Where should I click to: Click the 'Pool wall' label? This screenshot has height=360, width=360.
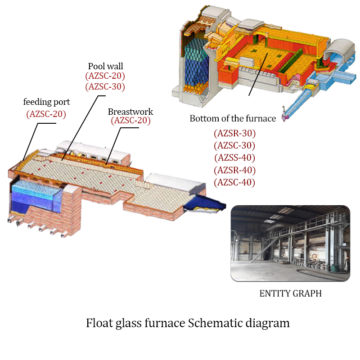[105, 67]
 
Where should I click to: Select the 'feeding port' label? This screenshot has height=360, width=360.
[46, 102]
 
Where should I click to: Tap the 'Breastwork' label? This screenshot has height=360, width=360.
[130, 112]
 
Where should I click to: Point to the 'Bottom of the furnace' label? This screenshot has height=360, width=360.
[233, 119]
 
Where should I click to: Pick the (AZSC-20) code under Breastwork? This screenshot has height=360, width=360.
[130, 120]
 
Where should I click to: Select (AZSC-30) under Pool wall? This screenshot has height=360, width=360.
[105, 86]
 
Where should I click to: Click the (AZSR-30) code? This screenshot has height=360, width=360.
[234, 133]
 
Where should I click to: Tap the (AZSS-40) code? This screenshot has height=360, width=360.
[234, 157]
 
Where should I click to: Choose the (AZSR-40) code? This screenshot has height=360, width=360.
[234, 170]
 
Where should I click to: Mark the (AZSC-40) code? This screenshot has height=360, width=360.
[234, 182]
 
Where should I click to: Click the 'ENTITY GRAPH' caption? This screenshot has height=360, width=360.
[290, 293]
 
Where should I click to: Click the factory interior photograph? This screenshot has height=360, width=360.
[290, 243]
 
